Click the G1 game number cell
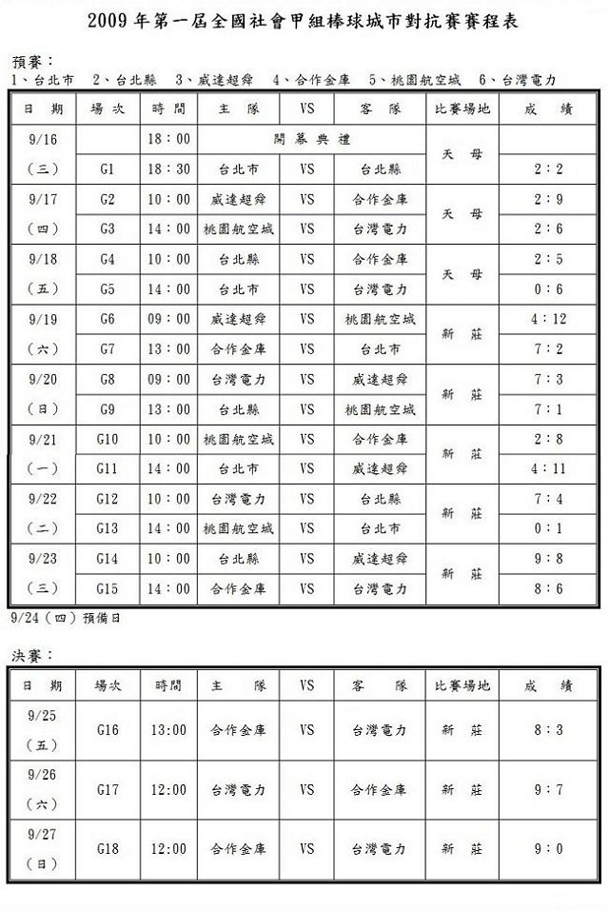[107, 169]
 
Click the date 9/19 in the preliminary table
[44, 319]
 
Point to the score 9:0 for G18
[549, 848]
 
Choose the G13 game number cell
[107, 528]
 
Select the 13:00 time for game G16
[169, 730]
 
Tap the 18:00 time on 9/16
[169, 139]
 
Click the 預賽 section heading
[35, 60]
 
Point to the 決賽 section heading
[35, 655]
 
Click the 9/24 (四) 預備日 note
[64, 617]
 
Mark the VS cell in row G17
[307, 789]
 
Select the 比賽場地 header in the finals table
[462, 684]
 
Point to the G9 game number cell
[107, 409]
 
